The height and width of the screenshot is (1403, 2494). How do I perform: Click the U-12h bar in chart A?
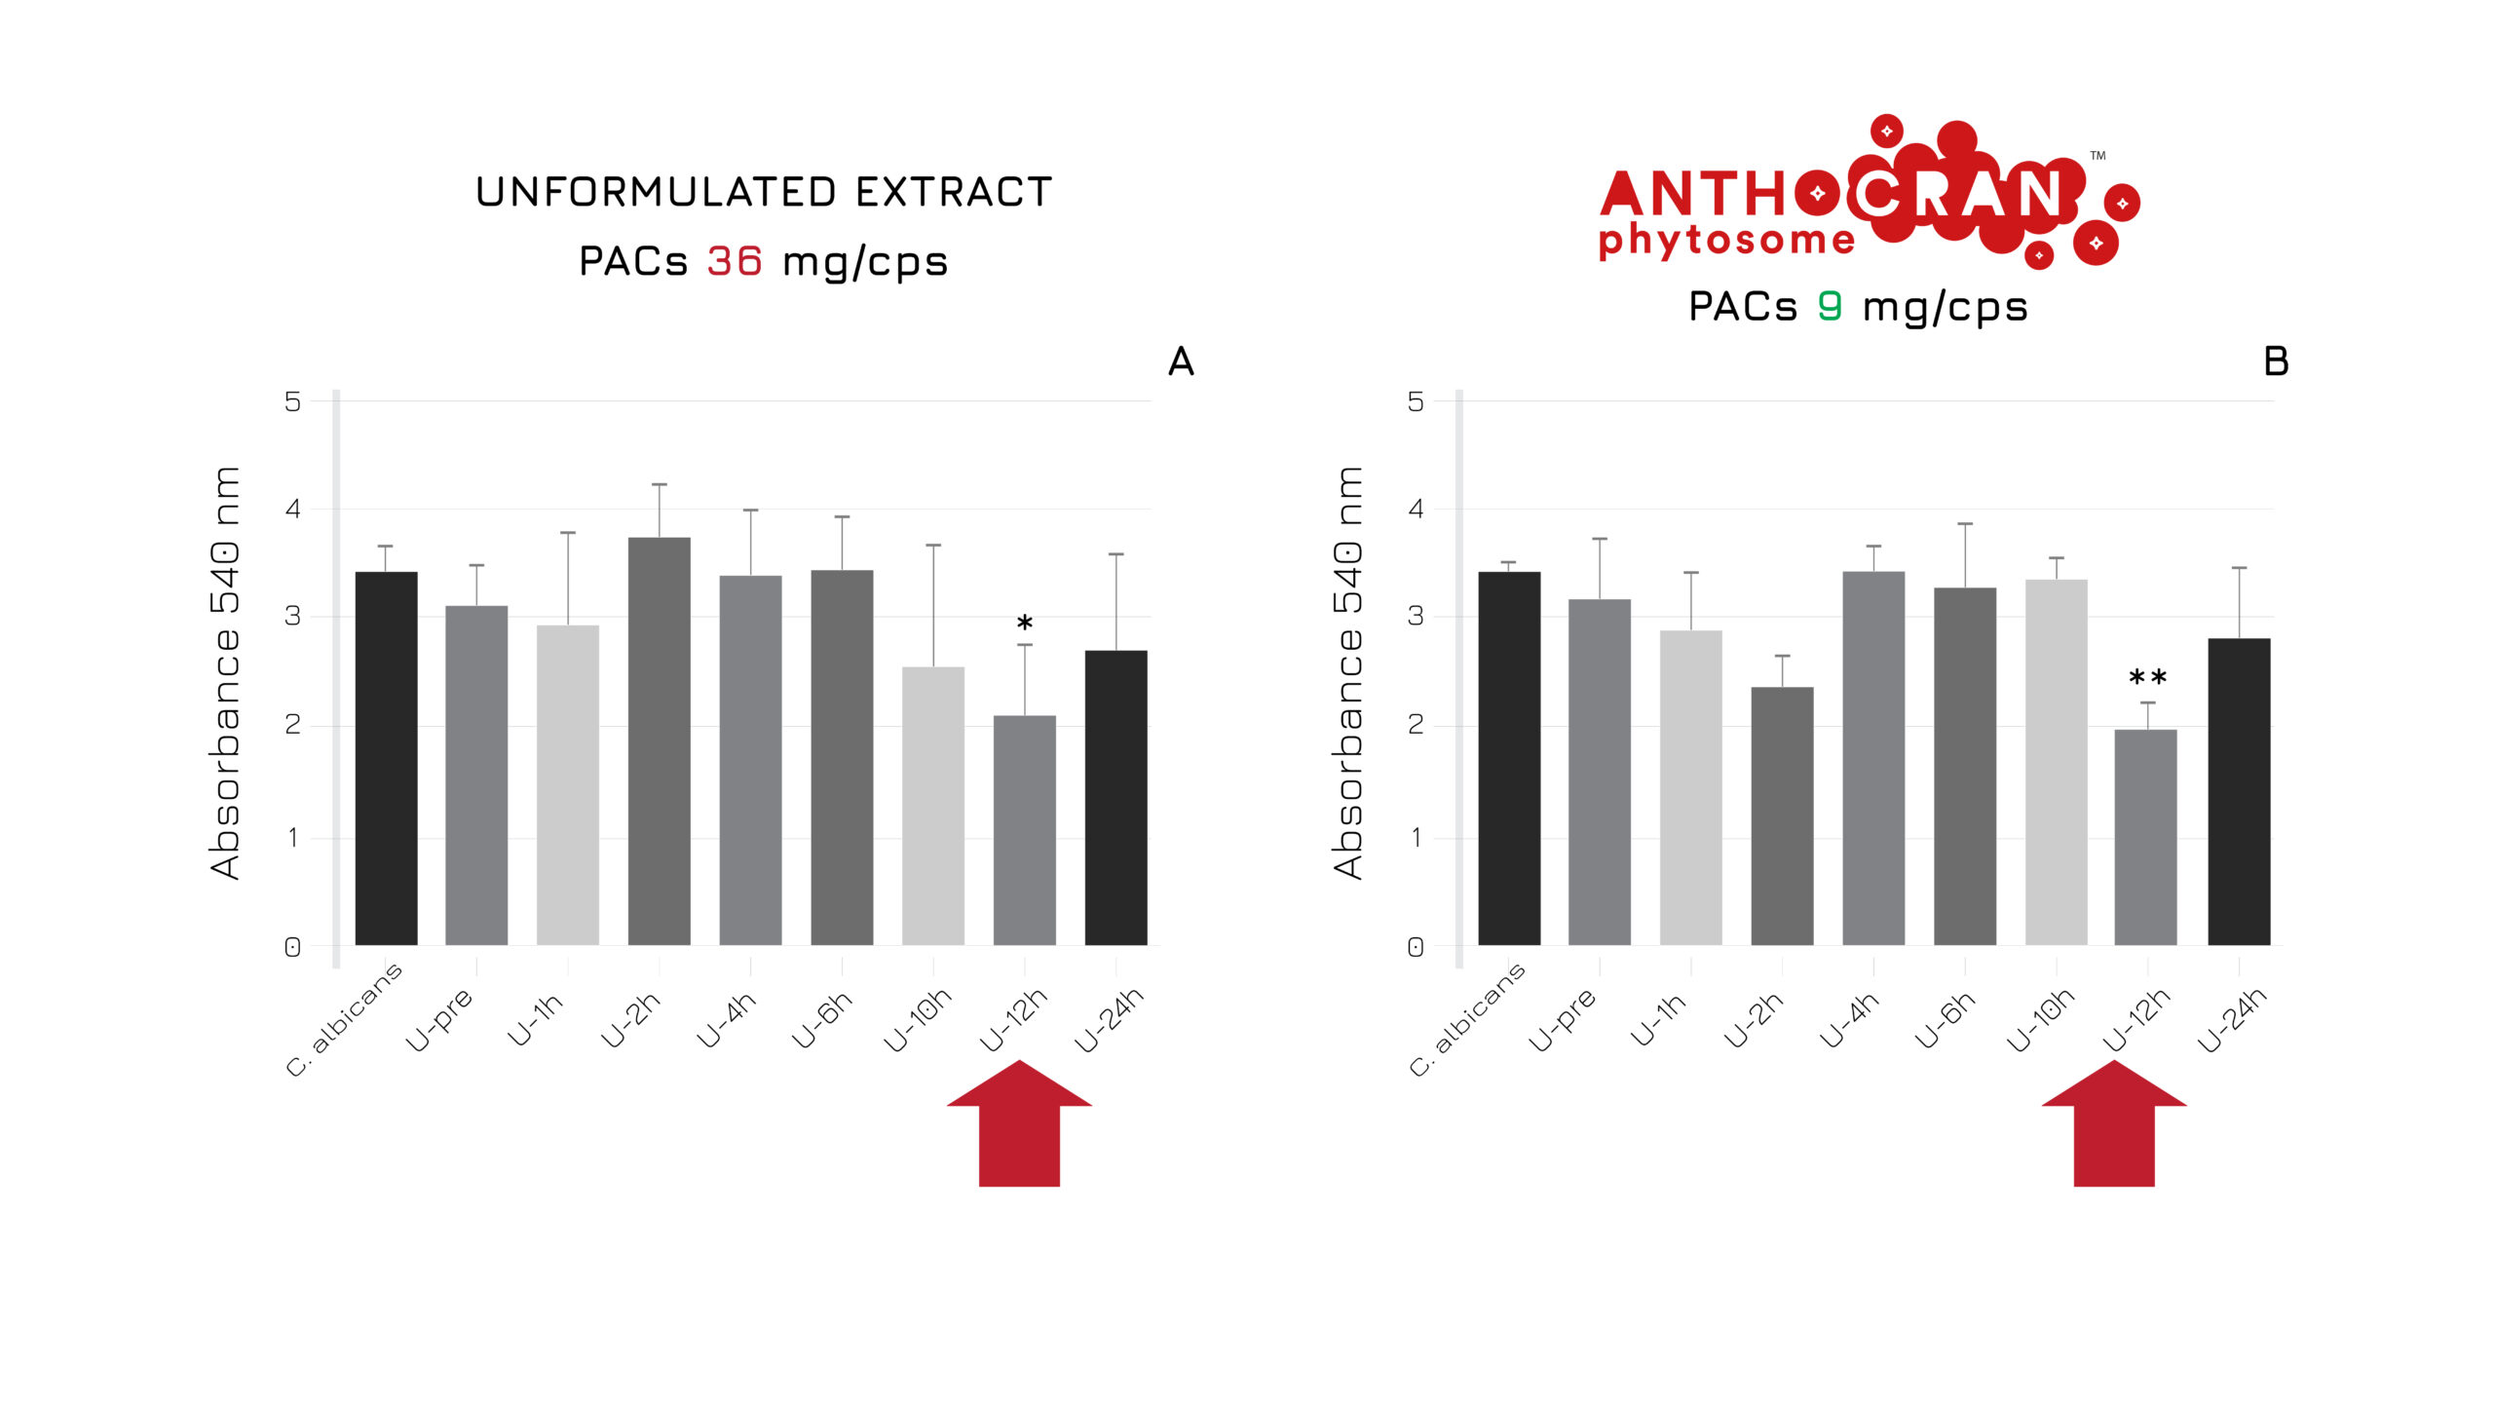pyautogui.click(x=1024, y=830)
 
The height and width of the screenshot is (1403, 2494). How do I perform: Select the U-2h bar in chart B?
pyautogui.click(x=1782, y=816)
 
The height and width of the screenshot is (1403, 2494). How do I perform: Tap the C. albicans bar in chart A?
pyautogui.click(x=386, y=758)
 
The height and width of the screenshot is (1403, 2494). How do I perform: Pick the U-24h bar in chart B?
pyautogui.click(x=2239, y=791)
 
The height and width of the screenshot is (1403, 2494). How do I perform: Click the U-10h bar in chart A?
pyautogui.click(x=932, y=806)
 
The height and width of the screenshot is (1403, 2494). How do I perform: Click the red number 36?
pyautogui.click(x=735, y=261)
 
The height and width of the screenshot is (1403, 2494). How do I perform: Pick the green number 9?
pyautogui.click(x=1830, y=306)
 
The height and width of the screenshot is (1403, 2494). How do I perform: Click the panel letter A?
pyautogui.click(x=1181, y=361)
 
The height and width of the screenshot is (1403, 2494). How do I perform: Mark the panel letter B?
pyautogui.click(x=2276, y=361)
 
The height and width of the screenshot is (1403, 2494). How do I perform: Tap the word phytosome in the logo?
pyautogui.click(x=1726, y=240)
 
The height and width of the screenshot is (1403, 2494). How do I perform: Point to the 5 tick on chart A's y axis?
pyautogui.click(x=292, y=401)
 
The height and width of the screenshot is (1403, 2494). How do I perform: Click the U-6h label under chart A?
pyautogui.click(x=822, y=1019)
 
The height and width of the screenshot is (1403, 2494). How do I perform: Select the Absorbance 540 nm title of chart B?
pyautogui.click(x=1348, y=672)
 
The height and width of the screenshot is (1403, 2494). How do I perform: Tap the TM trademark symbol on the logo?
pyautogui.click(x=2097, y=155)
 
